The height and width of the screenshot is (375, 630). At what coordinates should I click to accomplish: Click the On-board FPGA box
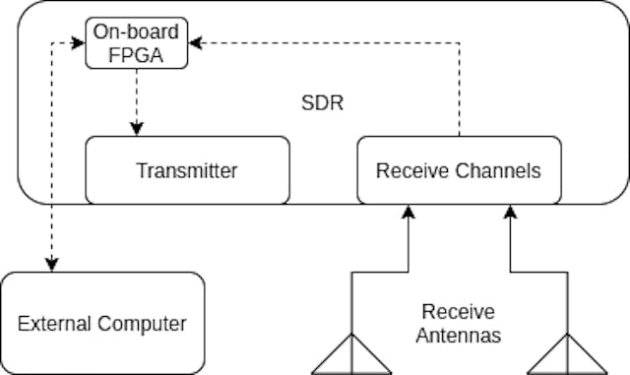tap(138, 43)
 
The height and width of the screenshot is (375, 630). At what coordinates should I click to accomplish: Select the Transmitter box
tap(187, 170)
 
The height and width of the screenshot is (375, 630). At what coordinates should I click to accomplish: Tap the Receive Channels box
tap(458, 170)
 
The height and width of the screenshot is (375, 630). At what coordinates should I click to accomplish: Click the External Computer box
tap(102, 323)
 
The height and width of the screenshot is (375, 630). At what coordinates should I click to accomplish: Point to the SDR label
tap(322, 103)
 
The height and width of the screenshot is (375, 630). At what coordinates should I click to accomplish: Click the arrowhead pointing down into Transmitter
tap(138, 129)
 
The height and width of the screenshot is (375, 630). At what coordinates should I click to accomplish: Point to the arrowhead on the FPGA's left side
tap(79, 43)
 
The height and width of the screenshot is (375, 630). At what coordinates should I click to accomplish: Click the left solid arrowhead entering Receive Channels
tap(407, 211)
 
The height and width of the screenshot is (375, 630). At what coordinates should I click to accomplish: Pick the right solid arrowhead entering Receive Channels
tap(510, 211)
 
